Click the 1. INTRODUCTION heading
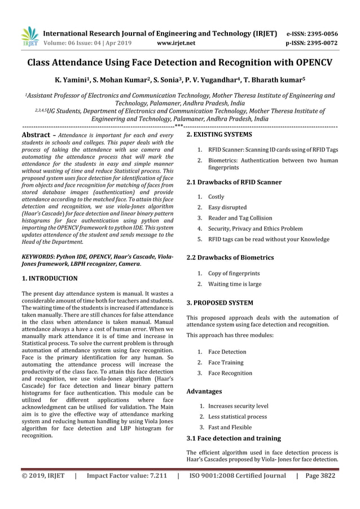[x=49, y=279]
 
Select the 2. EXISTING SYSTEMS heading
[x=219, y=135]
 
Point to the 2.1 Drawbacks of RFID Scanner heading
[x=226, y=182]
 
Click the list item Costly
[x=216, y=197]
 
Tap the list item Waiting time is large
[x=235, y=284]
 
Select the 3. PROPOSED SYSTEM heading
[x=219, y=303]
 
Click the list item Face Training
[x=226, y=362]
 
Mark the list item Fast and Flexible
[x=230, y=427]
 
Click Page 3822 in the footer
[x=320, y=476]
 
